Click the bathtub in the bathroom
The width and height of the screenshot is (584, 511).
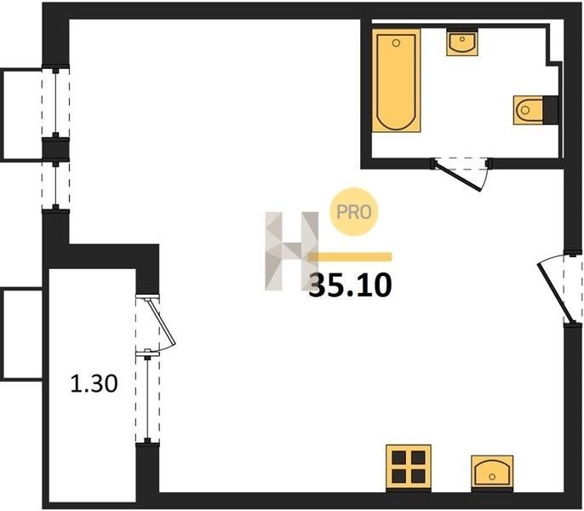[x=397, y=80]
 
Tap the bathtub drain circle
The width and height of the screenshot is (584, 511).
[x=397, y=43]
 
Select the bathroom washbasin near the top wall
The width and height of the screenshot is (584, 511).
[x=462, y=43]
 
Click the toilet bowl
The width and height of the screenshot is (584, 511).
[x=528, y=110]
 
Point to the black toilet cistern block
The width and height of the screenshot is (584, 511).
[x=551, y=110]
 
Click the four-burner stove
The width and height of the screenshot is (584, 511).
[x=409, y=467]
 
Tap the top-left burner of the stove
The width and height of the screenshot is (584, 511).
[x=398, y=457]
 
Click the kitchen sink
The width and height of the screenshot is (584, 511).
[x=492, y=472]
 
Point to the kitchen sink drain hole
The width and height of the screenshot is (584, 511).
[x=492, y=477]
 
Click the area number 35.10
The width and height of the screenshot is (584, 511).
[x=350, y=285]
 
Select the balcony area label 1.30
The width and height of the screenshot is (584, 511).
[x=94, y=383]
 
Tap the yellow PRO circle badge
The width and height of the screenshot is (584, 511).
[x=354, y=212]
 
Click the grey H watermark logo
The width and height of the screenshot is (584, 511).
[x=292, y=251]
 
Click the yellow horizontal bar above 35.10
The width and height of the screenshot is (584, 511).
[x=350, y=256]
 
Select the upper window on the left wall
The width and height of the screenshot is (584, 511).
[x=55, y=103]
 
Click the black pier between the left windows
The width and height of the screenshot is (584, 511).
[x=55, y=149]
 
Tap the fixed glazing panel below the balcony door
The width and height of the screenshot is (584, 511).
[x=147, y=397]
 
